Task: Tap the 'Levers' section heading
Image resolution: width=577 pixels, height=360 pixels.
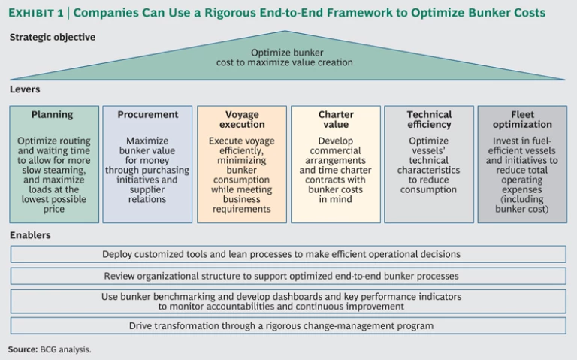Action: tap(25, 89)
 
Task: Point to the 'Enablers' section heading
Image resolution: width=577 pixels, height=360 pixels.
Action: tap(31, 235)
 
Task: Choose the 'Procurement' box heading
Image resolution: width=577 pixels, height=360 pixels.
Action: tap(147, 115)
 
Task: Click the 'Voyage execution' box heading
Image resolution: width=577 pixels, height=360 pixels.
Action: tap(241, 119)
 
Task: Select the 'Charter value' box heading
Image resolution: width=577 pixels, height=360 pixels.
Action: tap(335, 119)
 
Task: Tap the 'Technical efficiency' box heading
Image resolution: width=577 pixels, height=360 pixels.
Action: tap(429, 119)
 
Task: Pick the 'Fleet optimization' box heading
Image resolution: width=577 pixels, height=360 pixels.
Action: tap(522, 119)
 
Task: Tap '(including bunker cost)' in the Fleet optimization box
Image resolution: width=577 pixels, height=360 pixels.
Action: tap(522, 204)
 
